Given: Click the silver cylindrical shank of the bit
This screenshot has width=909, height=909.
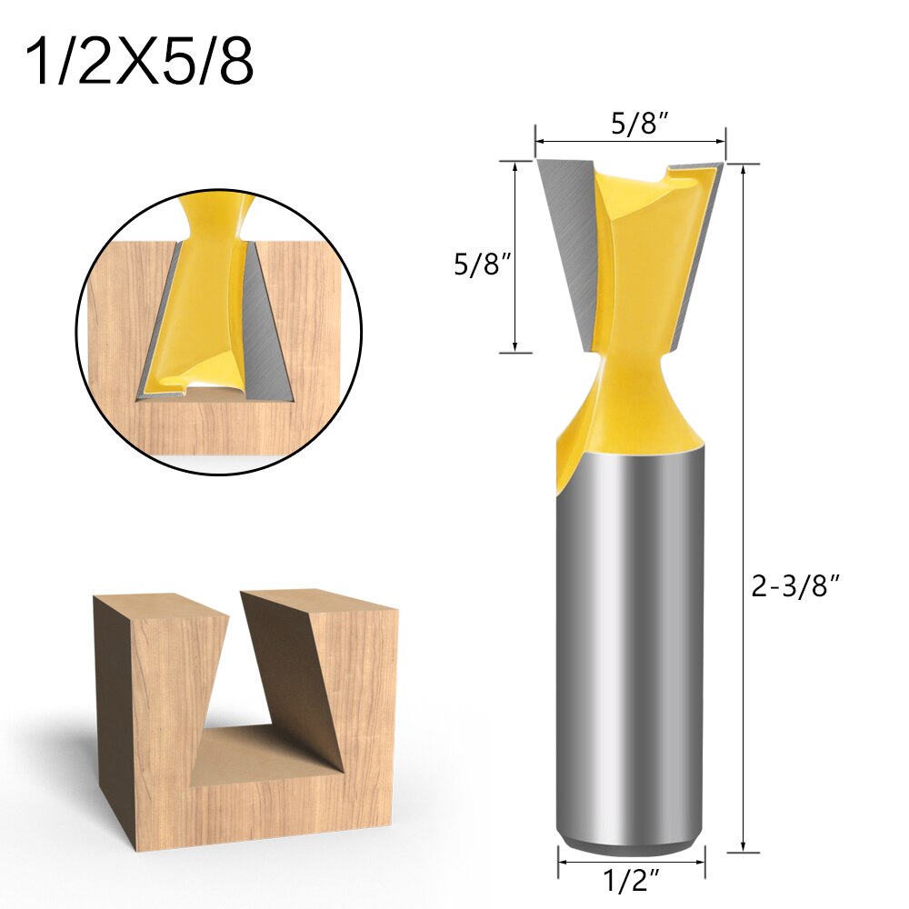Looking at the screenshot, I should coord(630,636).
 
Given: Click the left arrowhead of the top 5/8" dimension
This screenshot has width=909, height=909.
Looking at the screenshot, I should coord(539,142).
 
